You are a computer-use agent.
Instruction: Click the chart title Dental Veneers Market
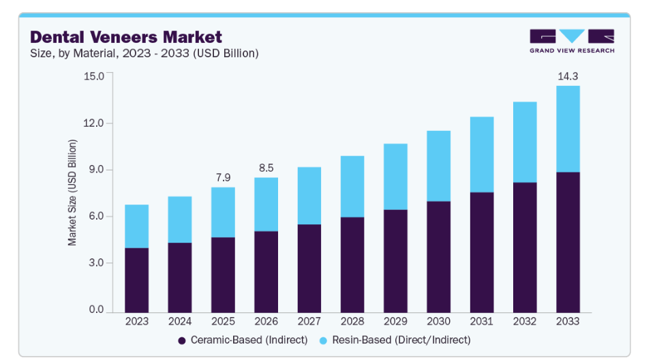(x=126, y=37)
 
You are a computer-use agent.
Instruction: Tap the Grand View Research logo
(x=572, y=41)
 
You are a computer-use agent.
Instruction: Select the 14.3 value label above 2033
(x=568, y=76)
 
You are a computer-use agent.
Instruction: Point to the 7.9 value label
(x=224, y=178)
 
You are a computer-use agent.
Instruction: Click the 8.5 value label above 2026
(x=266, y=168)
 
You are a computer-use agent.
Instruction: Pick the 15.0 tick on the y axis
(x=94, y=76)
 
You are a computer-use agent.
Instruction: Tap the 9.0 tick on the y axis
(x=96, y=170)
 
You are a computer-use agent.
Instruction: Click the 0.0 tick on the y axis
(x=96, y=310)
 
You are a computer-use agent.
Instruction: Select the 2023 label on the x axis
(x=136, y=321)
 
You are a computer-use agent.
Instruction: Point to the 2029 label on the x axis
(x=395, y=321)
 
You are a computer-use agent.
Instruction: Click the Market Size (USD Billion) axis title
(x=72, y=193)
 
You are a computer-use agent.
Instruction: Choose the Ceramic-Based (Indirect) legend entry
(x=243, y=340)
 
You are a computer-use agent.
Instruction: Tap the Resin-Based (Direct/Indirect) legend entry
(x=395, y=340)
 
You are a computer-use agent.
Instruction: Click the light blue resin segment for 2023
(x=136, y=226)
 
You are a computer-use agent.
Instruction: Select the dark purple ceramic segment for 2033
(x=568, y=242)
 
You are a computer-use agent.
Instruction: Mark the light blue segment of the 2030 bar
(x=439, y=166)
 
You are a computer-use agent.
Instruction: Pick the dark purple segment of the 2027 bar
(x=309, y=269)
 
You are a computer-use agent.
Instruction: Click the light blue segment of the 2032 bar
(x=525, y=142)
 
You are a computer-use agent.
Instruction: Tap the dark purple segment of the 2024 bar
(x=180, y=278)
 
